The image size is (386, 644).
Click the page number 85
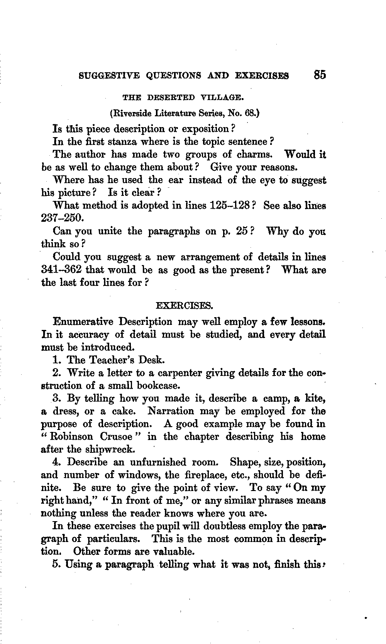320,74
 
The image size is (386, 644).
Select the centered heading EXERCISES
184,306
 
